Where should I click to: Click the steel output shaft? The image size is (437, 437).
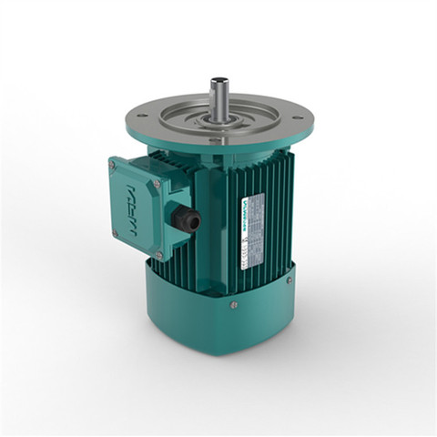tap(219, 97)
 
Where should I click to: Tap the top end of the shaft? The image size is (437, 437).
tap(219, 80)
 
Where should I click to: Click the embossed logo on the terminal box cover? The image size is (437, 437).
tap(140, 198)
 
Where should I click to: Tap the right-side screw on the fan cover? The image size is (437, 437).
tap(290, 280)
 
